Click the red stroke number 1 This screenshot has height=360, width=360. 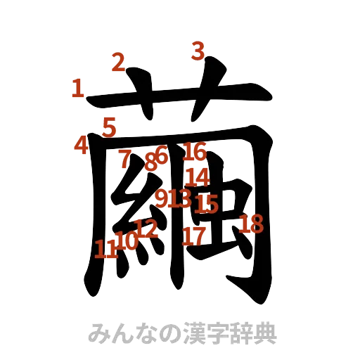(x=77, y=89)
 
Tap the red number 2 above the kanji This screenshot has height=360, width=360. (x=117, y=63)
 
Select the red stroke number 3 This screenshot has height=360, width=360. (x=198, y=51)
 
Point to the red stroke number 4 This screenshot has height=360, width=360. (x=81, y=145)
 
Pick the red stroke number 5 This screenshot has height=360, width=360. (x=109, y=127)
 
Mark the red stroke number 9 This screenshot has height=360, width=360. (x=162, y=199)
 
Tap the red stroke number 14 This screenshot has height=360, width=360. (x=198, y=176)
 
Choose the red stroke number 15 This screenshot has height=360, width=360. (x=207, y=204)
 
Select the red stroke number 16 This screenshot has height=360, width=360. (x=195, y=151)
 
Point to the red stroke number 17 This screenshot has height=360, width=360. (x=191, y=236)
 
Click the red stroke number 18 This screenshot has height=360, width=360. (x=252, y=225)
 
